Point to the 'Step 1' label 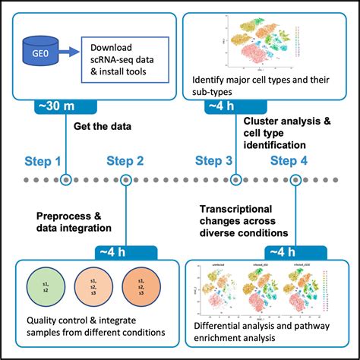pyautogui.click(x=45, y=160)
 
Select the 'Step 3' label pyautogui.click(x=214, y=160)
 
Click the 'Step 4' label pyautogui.click(x=290, y=160)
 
